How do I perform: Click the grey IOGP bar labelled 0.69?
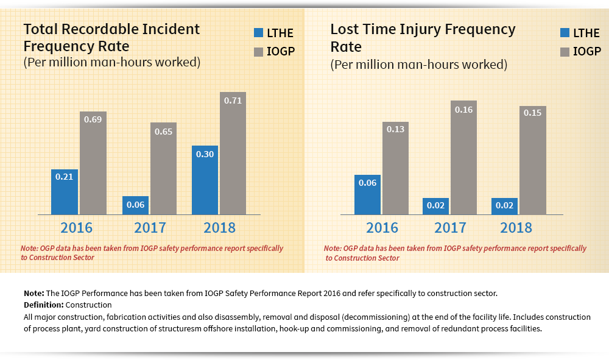pos(93,163)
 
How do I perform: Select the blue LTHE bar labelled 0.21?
pos(64,192)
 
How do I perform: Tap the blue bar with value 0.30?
pos(205,180)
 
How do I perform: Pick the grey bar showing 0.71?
pos(233,153)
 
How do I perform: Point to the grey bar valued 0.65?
pos(163,168)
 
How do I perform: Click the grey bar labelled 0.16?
pos(463,157)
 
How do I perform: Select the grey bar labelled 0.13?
pos(395,168)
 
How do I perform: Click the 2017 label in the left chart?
pos(150,228)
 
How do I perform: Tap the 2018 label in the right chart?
pos(516,228)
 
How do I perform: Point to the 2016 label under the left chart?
pos(76,228)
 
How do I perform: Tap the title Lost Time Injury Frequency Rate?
pos(423,37)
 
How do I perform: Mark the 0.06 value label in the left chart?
pos(135,205)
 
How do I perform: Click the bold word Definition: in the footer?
pos(43,305)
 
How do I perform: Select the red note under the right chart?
pos(455,253)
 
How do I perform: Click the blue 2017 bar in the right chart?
pos(436,206)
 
